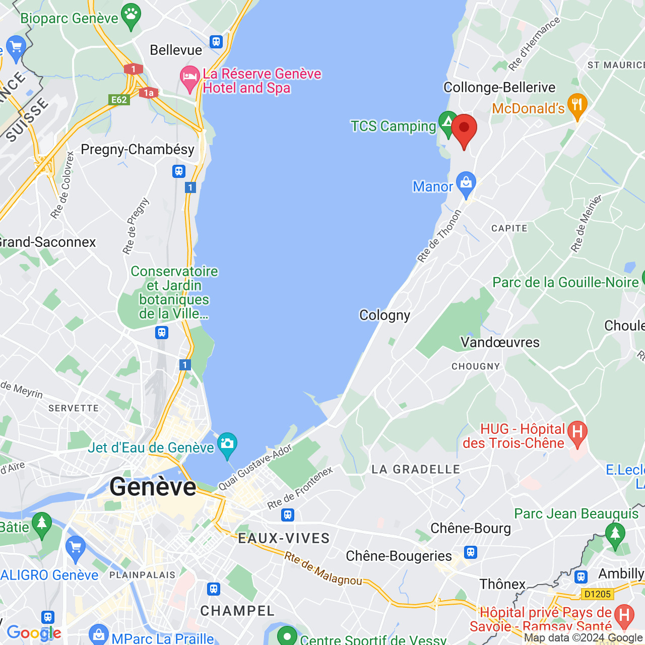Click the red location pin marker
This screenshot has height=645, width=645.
click(x=464, y=128)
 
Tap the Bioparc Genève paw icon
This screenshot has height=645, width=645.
click(x=132, y=16)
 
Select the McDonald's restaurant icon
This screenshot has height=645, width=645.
click(x=577, y=105)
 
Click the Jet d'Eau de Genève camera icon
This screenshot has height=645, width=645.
click(x=227, y=444)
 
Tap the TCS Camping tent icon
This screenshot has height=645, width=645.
click(x=447, y=122)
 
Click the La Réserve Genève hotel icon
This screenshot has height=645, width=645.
click(x=190, y=78)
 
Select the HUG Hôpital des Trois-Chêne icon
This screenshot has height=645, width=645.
click(x=577, y=432)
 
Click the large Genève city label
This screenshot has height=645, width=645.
click(x=153, y=487)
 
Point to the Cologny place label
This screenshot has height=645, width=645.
click(x=384, y=315)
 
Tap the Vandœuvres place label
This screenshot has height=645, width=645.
click(x=500, y=343)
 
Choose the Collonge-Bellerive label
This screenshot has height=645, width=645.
click(x=499, y=88)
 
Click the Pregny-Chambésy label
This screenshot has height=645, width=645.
click(x=138, y=150)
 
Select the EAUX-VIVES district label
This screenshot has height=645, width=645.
click(x=284, y=538)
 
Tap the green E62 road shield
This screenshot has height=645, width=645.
click(x=119, y=99)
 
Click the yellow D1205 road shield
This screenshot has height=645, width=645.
click(x=597, y=594)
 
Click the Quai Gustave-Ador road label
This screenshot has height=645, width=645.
click(x=255, y=467)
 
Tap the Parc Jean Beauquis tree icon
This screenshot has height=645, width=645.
click(x=615, y=534)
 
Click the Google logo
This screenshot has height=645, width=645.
click(x=34, y=633)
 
